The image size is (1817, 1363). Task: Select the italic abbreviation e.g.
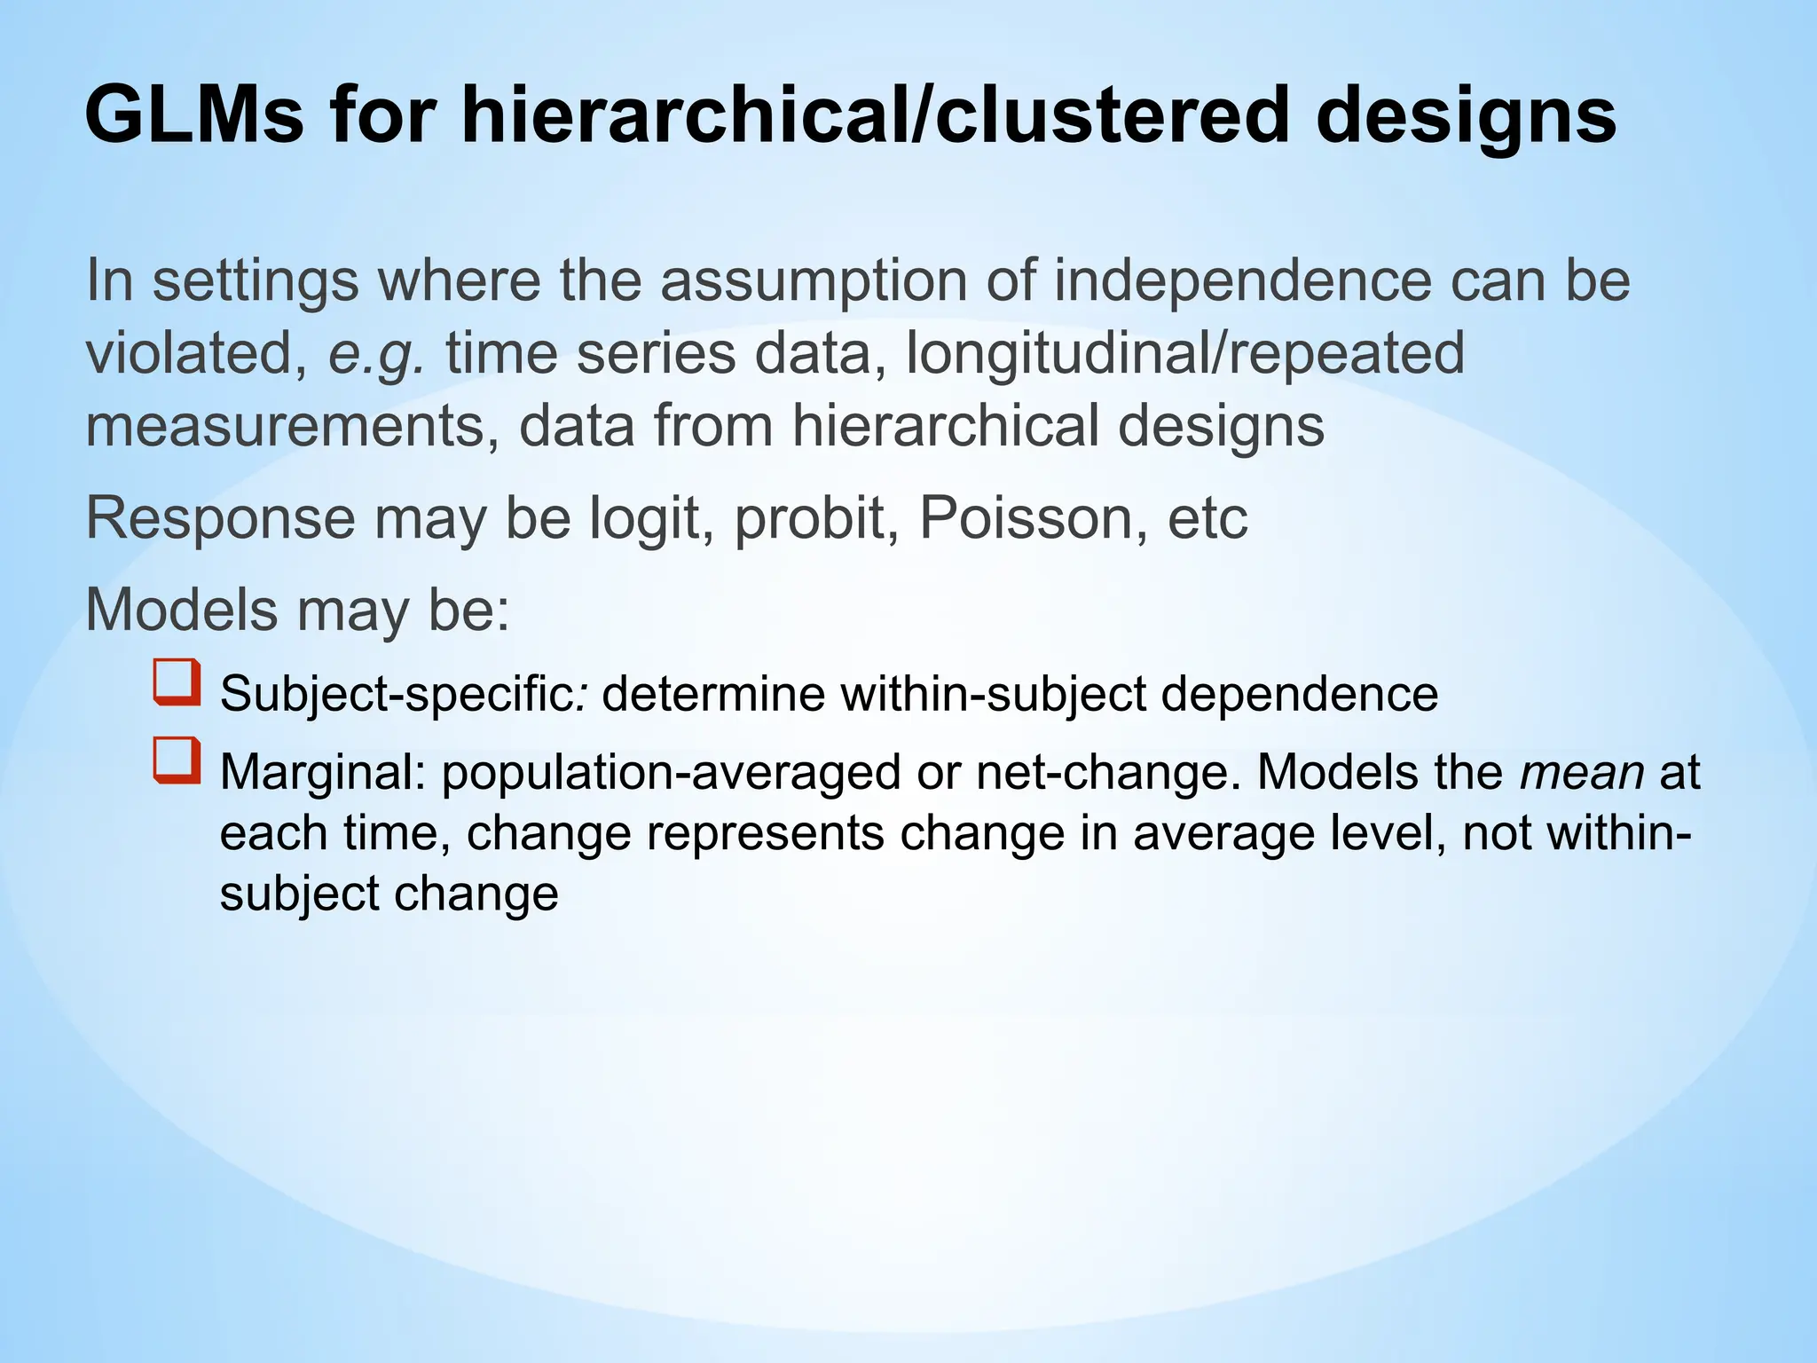point(376,353)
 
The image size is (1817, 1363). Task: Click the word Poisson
point(1026,517)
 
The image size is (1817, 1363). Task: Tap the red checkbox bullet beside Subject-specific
point(177,682)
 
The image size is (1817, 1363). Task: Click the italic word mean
point(1582,772)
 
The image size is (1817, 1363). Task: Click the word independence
point(1242,280)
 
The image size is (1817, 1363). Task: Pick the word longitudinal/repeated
point(1184,353)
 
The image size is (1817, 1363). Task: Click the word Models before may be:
point(181,610)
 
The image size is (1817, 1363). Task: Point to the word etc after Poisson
point(1207,517)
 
